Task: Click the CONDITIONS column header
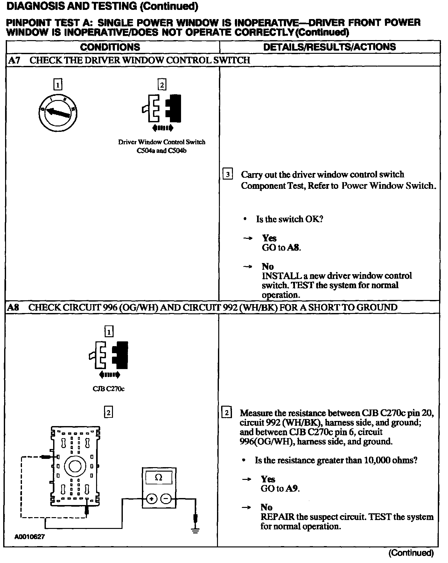coord(110,47)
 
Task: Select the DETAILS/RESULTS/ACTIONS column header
coord(329,47)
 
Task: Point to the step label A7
coord(14,60)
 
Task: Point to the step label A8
coord(13,307)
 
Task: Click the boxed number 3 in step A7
coord(227,175)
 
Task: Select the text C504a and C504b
coord(161,151)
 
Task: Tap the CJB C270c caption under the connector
coord(108,389)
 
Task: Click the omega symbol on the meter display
coord(158,478)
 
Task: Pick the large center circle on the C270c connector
coord(75,466)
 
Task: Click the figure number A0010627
coord(30,537)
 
